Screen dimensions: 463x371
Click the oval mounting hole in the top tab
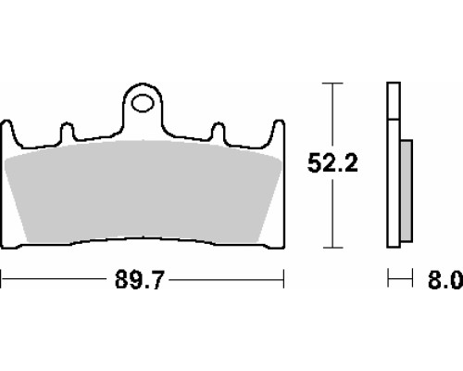143,104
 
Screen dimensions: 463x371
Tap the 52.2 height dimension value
332,163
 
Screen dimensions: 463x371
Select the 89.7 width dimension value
138,279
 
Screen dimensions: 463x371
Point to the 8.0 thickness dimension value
445,279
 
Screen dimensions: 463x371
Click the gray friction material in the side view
407,190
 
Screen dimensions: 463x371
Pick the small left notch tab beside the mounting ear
67,132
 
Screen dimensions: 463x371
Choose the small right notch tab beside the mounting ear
219,132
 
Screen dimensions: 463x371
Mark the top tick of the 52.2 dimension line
332,83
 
